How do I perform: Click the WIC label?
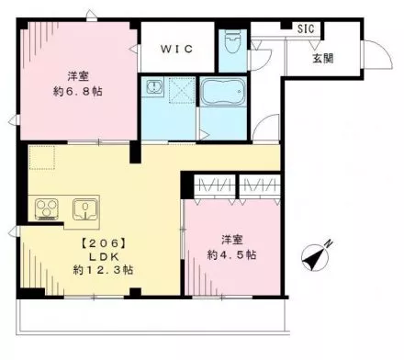177,49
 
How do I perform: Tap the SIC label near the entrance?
306,28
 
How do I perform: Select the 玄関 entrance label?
323,58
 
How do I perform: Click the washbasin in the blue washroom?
152,87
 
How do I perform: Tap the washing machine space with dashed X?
182,90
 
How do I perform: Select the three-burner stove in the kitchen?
47,209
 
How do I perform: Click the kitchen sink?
85,209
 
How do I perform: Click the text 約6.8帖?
78,91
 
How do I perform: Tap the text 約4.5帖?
232,254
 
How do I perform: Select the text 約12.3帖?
103,270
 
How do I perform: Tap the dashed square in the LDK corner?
42,157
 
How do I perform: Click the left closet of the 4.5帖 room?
215,186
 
